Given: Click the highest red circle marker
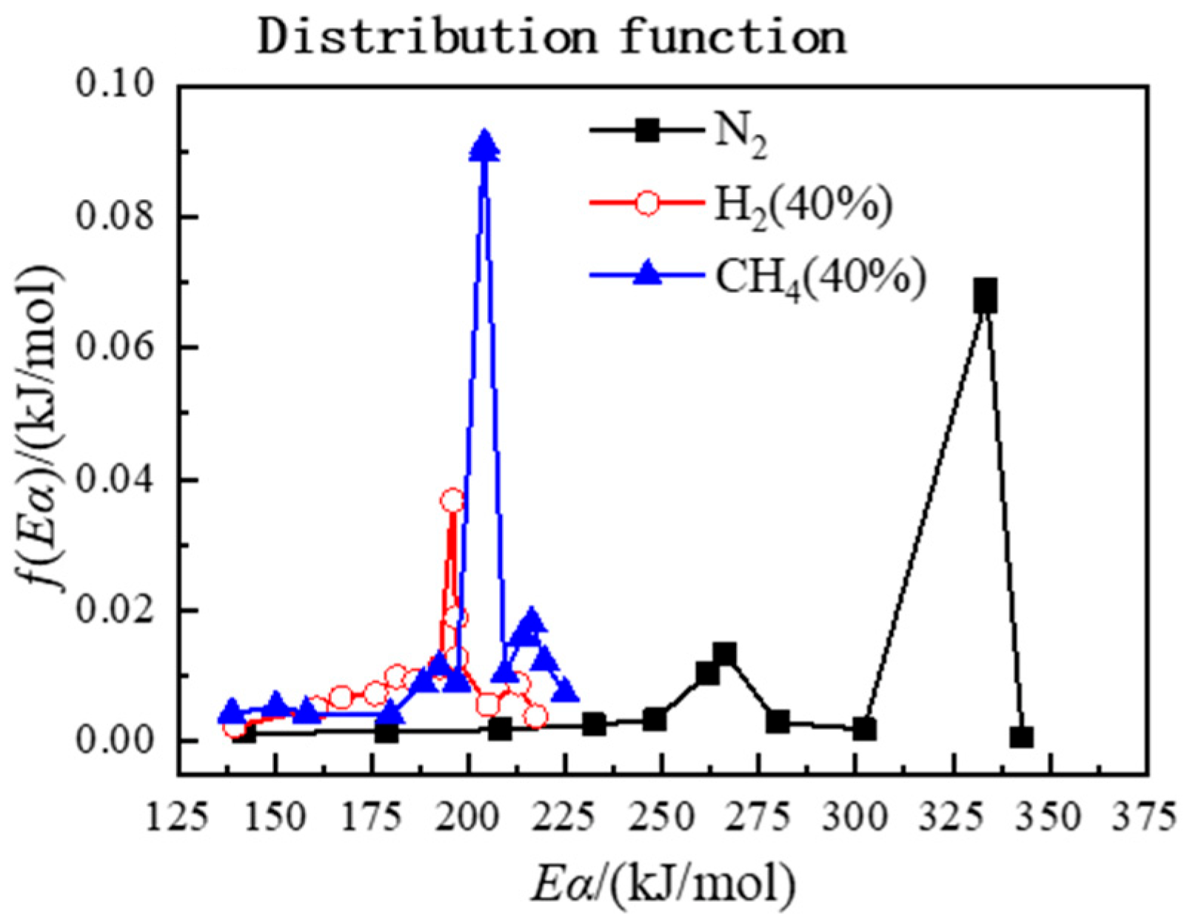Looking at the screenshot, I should click(x=452, y=501).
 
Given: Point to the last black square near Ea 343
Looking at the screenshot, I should click(x=1022, y=737).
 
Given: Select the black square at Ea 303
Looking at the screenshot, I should click(x=864, y=729).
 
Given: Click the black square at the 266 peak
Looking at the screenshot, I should click(x=724, y=654).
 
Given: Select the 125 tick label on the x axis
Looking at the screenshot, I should click(x=178, y=818).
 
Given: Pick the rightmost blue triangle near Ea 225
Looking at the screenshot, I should click(x=566, y=690).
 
